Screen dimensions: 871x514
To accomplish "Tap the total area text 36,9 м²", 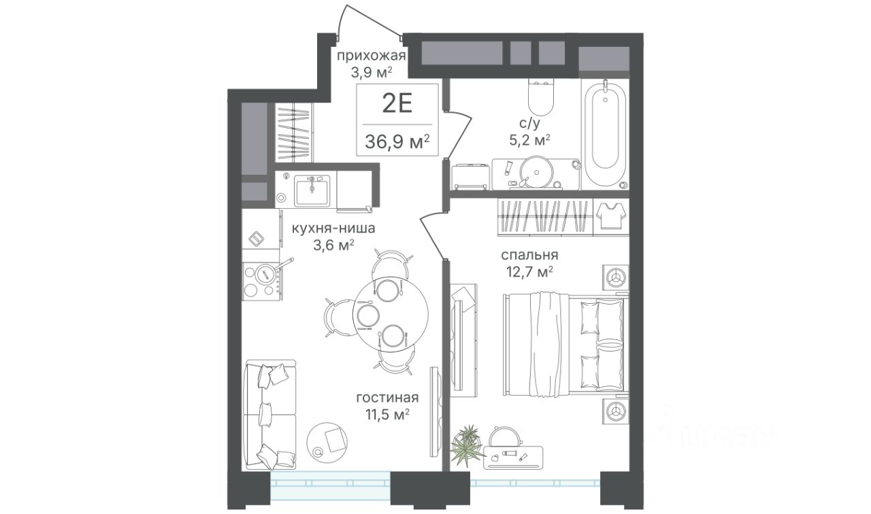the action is pyautogui.click(x=397, y=142).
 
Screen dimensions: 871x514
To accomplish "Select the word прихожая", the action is pyautogui.click(x=371, y=56).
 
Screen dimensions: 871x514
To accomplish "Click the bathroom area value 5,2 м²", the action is pyautogui.click(x=529, y=139).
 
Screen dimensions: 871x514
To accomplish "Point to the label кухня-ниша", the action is pyautogui.click(x=333, y=228).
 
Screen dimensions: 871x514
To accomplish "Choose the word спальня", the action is pyautogui.click(x=529, y=256).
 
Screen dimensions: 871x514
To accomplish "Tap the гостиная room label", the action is pyautogui.click(x=387, y=398).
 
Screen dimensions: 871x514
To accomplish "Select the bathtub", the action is pyautogui.click(x=605, y=134).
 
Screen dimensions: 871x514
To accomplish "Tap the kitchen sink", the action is pyautogui.click(x=312, y=190).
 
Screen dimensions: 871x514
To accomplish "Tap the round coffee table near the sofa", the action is pyautogui.click(x=327, y=443).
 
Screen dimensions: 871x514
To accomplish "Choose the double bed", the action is pyautogui.click(x=565, y=344).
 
